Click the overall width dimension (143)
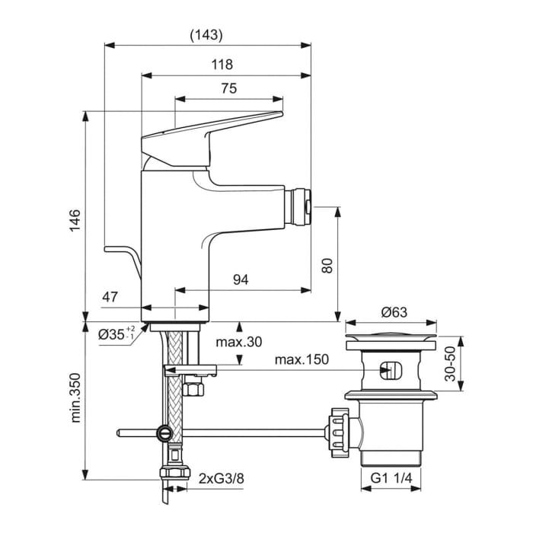207,35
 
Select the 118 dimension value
223,65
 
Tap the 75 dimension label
228,88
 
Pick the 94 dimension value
241,279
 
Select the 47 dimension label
110,297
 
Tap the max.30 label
238,342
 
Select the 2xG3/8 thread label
222,479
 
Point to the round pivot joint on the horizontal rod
164,433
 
